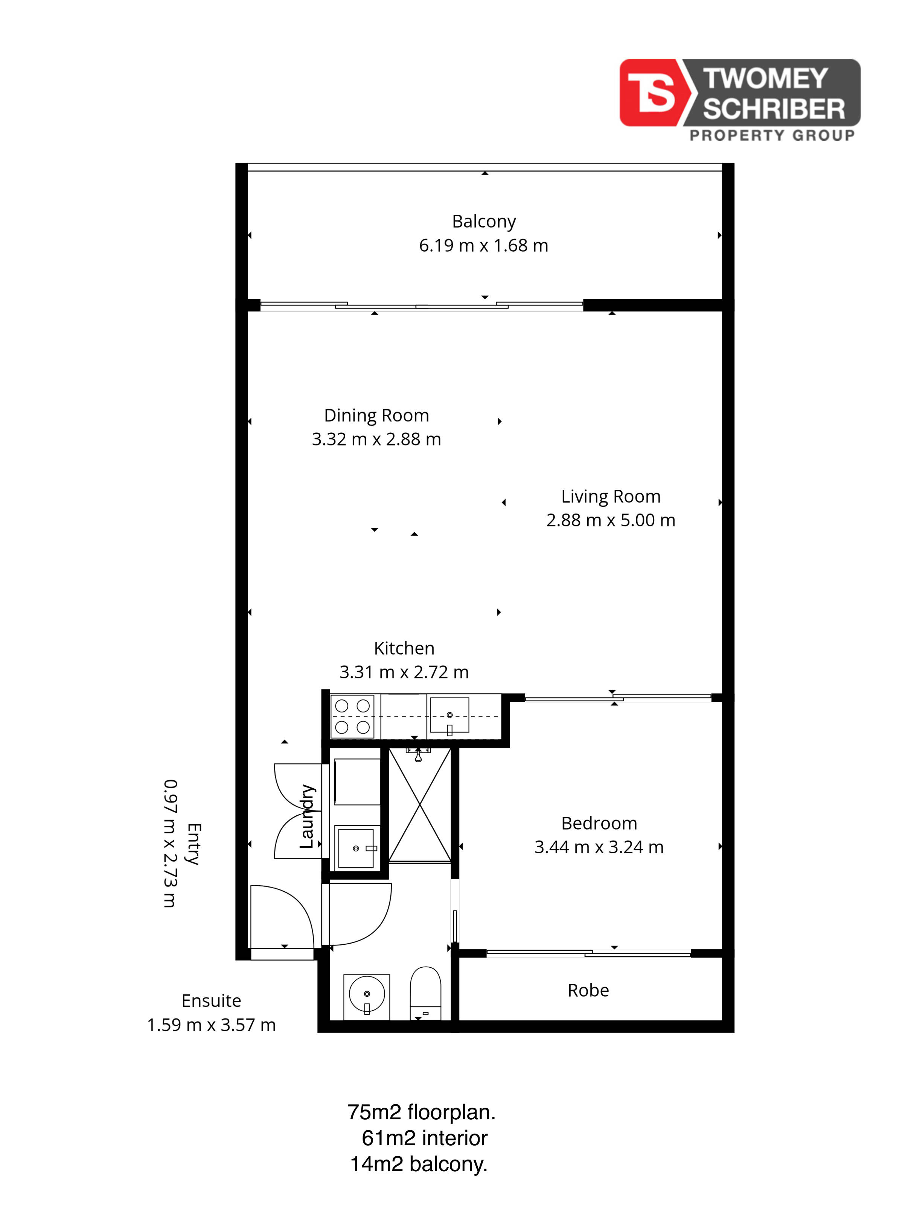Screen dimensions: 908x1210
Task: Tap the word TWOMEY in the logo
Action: (x=765, y=79)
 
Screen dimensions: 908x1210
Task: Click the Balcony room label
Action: (x=484, y=222)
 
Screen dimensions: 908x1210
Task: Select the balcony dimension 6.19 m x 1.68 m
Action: (x=484, y=246)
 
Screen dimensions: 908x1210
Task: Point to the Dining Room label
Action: (x=376, y=416)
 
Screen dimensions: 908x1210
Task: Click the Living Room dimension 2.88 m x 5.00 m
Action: (x=611, y=520)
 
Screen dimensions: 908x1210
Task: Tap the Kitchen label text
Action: (x=404, y=648)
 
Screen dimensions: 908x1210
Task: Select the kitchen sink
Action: (x=449, y=715)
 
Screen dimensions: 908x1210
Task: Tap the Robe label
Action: (x=588, y=990)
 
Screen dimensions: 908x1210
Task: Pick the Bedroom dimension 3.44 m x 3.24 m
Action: (x=599, y=847)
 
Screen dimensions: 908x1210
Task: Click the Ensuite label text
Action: (x=211, y=1000)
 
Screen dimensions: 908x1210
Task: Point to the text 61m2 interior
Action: (x=425, y=1138)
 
